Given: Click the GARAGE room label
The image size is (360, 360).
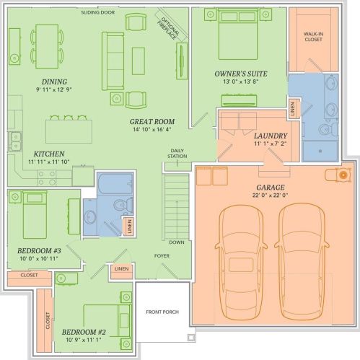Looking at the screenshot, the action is (271, 188).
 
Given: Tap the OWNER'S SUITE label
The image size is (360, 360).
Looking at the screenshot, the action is (241, 74).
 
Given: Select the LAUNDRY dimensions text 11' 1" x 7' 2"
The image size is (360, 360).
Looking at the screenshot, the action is (271, 144).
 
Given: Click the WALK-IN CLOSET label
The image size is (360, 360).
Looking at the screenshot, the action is (313, 37).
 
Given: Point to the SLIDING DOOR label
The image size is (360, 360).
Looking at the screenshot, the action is (98, 12).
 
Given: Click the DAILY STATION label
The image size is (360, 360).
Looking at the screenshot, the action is (177, 154).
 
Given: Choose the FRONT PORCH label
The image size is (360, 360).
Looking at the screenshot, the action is (162, 312).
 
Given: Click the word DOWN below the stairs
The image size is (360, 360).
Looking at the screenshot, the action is (177, 242).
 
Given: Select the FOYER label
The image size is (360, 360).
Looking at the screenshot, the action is (162, 255).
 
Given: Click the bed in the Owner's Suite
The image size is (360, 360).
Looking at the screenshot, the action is (238, 34).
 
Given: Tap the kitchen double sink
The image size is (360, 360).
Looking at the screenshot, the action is (15, 141).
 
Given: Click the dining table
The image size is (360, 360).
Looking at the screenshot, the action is (47, 46).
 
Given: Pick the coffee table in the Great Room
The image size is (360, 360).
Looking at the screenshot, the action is (139, 61).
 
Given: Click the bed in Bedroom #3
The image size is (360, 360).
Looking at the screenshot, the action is (35, 215).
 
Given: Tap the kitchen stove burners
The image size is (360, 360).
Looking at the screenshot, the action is (47, 178).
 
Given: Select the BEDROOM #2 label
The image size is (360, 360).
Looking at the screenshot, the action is (84, 333).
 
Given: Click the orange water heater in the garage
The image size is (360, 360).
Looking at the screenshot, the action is (343, 175).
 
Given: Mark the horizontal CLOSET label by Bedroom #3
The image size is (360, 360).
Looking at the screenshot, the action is (29, 275).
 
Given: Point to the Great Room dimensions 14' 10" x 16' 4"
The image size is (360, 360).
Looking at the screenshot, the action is (152, 129).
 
